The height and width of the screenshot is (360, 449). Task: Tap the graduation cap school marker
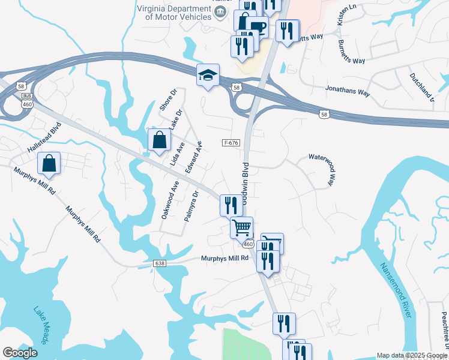coord(208,75)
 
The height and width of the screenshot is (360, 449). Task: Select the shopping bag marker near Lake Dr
coord(160,140)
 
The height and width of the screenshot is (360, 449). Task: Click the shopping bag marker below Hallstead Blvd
coord(49,163)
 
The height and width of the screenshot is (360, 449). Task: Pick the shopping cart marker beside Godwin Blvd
coord(241,227)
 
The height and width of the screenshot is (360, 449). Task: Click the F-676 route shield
coord(231,143)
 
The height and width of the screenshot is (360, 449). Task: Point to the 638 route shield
coord(158,263)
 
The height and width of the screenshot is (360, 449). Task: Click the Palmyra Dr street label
coord(191,206)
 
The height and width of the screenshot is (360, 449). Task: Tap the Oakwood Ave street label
coord(170,199)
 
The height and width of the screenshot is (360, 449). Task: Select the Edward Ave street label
coord(194,158)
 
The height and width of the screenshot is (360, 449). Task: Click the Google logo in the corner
coord(20,353)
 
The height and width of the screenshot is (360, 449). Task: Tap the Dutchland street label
coord(421,87)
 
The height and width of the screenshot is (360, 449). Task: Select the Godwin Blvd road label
coord(246,180)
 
